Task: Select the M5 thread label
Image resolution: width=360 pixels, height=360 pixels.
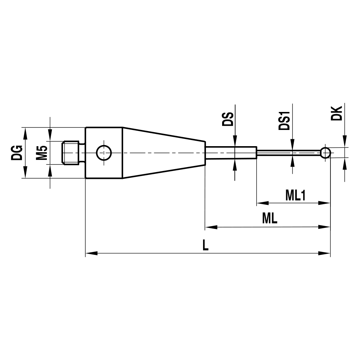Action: (42, 153)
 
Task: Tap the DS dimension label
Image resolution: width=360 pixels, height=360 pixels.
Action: (228, 119)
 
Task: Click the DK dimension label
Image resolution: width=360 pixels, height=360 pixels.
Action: (338, 113)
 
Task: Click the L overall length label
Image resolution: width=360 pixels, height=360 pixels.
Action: (205, 246)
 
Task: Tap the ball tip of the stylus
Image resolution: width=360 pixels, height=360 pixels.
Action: (325, 153)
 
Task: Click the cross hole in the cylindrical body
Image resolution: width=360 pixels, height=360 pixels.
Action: (104, 153)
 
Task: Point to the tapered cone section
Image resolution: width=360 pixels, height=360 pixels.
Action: (164, 153)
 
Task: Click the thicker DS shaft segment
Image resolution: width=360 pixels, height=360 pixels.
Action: (231, 153)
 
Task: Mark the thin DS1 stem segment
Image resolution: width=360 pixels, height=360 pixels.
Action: (288, 153)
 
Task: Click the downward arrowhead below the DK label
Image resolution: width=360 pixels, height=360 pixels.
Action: (345, 141)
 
